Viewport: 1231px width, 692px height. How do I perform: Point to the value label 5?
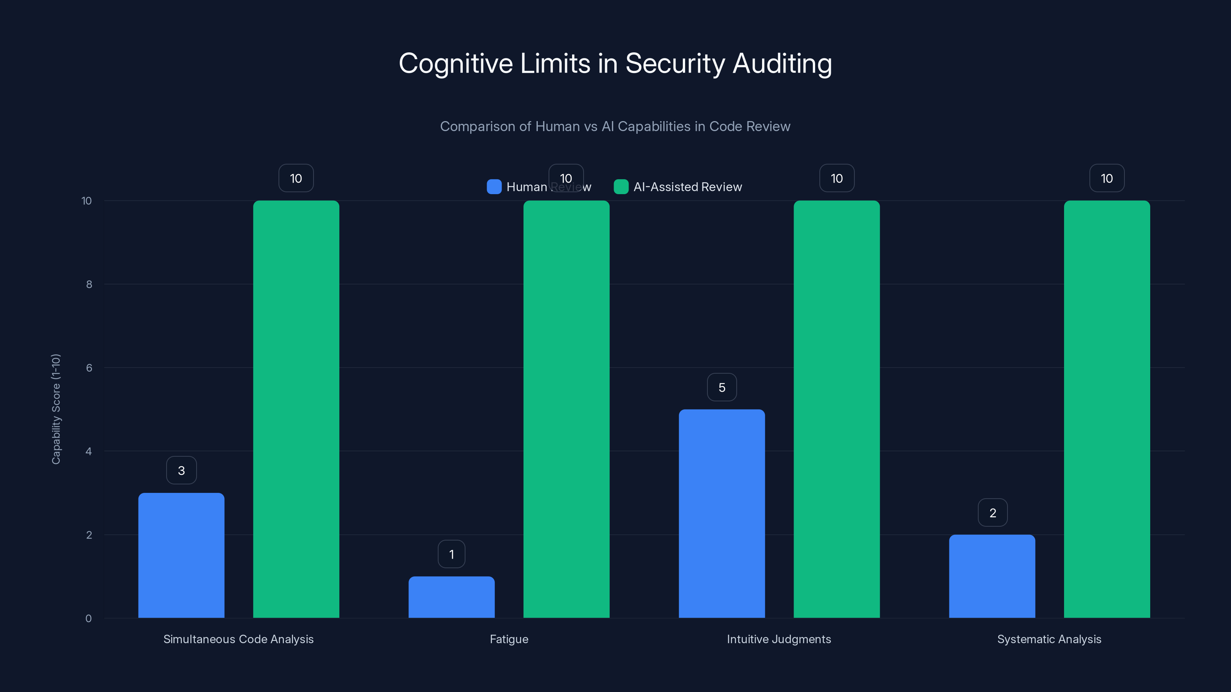click(722, 387)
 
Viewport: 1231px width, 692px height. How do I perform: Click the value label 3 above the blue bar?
click(181, 471)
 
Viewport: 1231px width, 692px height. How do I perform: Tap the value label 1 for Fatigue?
click(451, 554)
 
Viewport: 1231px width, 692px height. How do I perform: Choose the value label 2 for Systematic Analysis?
click(992, 512)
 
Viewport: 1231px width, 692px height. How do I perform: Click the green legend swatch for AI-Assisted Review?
click(621, 187)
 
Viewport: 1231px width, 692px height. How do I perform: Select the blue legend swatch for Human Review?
click(494, 187)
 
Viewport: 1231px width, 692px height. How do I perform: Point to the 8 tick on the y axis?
click(89, 284)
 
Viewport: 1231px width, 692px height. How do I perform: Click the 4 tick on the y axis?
click(88, 451)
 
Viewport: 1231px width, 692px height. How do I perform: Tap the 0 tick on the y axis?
click(88, 619)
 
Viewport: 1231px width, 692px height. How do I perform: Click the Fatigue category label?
click(509, 639)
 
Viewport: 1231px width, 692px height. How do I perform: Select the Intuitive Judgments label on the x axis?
click(779, 639)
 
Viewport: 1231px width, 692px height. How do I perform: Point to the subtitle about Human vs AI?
click(615, 126)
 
